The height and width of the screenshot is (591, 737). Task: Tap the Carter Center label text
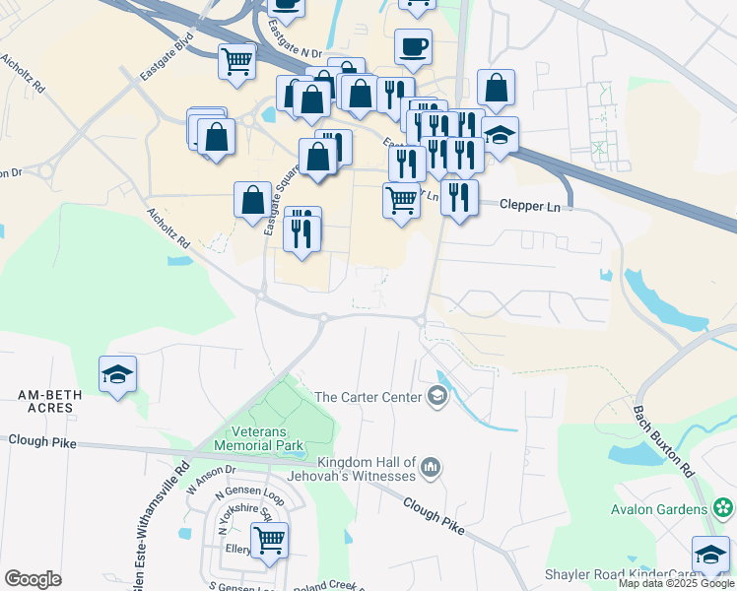click(x=368, y=397)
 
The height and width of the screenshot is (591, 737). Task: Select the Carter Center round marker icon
click(x=436, y=397)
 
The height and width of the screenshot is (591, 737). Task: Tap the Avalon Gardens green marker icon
click(x=724, y=508)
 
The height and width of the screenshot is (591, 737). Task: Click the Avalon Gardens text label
click(x=659, y=509)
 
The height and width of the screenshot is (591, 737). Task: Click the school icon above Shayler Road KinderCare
click(x=710, y=555)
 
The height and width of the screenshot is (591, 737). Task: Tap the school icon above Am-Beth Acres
click(x=117, y=374)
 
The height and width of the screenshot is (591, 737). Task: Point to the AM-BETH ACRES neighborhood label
click(x=46, y=401)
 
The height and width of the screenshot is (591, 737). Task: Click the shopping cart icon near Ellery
click(x=269, y=539)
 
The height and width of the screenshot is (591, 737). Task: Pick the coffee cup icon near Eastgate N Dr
click(x=413, y=46)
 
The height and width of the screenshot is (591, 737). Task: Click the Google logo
click(x=33, y=579)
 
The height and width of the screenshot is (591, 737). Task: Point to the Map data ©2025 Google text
click(x=676, y=584)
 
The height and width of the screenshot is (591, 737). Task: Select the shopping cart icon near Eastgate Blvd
click(x=236, y=61)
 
